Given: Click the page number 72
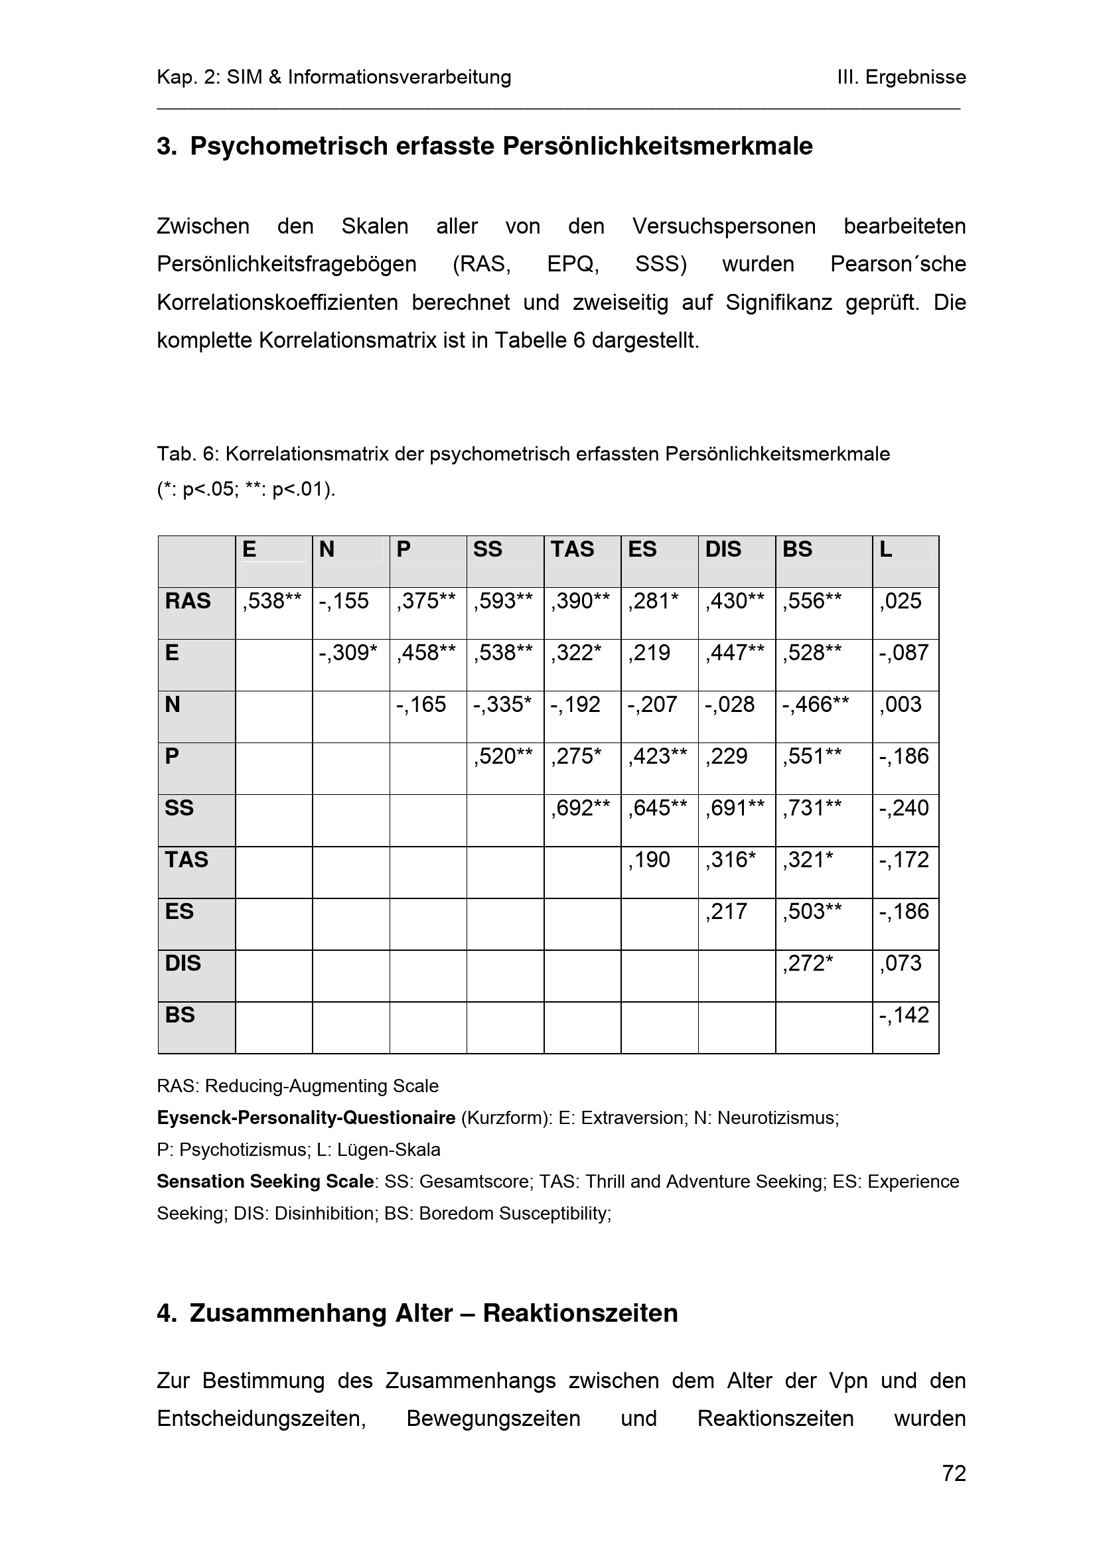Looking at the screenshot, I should [x=954, y=1473].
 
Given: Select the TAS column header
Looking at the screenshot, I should [x=572, y=549].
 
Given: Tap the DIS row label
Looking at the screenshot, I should [x=183, y=963].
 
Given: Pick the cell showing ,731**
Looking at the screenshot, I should [x=812, y=808].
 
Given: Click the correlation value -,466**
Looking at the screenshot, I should [x=815, y=705].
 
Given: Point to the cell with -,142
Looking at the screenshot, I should [x=904, y=1015].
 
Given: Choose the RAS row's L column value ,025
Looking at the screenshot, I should [x=901, y=601].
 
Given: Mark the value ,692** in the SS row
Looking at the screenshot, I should [x=580, y=808].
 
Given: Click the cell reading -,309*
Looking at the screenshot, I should [x=348, y=652].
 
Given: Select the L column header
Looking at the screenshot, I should [x=885, y=549].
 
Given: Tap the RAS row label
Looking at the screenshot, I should [x=188, y=601].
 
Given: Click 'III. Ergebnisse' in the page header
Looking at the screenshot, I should [x=901, y=77].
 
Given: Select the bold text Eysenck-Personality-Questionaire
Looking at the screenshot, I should [x=306, y=1118].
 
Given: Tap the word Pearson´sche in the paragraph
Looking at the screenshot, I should [x=898, y=263].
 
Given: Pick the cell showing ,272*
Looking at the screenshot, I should [x=808, y=963].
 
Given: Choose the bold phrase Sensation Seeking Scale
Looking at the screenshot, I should [x=265, y=1182].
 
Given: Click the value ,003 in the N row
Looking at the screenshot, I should [x=901, y=705].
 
